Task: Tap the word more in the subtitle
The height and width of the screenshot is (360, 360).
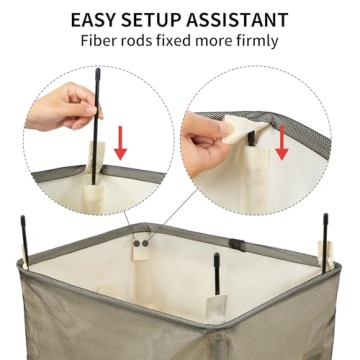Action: [x=228, y=44]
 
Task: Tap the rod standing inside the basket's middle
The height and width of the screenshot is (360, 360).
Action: [x=216, y=275]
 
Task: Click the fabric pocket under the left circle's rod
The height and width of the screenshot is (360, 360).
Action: [x=98, y=160]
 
